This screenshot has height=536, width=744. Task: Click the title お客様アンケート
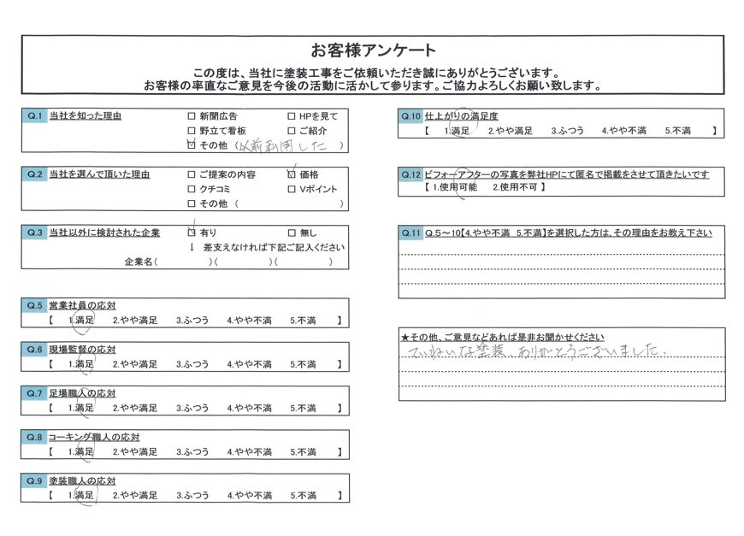(374, 50)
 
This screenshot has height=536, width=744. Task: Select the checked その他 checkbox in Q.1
(191, 146)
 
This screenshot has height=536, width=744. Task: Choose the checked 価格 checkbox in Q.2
(292, 174)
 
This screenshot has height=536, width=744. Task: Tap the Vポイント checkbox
(292, 189)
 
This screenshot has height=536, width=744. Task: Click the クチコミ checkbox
(191, 189)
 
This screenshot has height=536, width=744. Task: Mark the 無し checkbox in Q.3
(292, 233)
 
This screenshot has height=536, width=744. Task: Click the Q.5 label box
(33, 305)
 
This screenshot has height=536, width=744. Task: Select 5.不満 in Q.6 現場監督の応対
(303, 364)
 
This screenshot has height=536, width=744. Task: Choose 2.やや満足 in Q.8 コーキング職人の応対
(135, 451)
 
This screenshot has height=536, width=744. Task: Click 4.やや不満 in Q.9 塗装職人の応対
(249, 495)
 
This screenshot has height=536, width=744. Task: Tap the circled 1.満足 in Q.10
(457, 131)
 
